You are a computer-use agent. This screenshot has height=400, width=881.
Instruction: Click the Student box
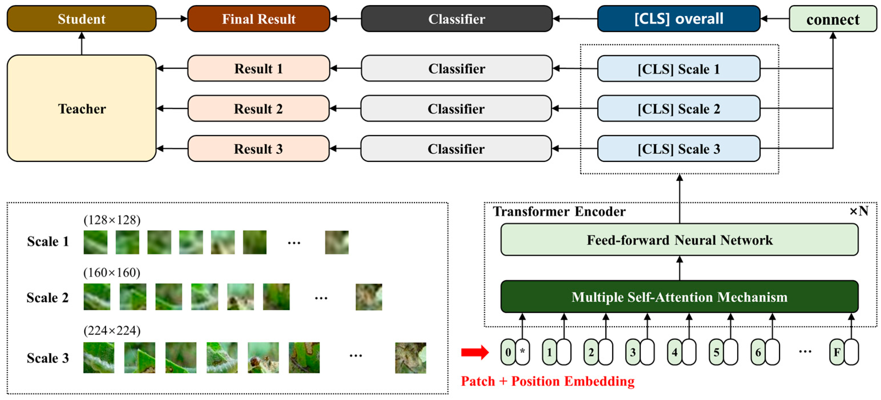click(81, 19)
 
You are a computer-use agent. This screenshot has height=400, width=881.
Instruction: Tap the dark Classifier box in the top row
click(457, 19)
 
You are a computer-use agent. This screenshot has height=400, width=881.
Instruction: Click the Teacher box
click(81, 109)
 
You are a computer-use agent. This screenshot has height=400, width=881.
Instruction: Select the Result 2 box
click(258, 109)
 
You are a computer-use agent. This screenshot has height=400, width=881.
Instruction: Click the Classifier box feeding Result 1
click(457, 68)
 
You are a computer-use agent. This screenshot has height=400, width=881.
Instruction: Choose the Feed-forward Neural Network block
click(679, 240)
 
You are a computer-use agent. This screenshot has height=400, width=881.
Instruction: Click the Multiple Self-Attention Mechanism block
click(679, 297)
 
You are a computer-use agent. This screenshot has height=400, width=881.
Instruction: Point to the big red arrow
click(475, 352)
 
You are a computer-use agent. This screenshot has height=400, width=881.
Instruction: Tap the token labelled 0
click(508, 352)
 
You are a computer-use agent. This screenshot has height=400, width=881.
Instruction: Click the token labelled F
click(837, 352)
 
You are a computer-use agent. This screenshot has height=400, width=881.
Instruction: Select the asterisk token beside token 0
click(523, 352)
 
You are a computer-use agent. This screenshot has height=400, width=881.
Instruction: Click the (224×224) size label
click(112, 331)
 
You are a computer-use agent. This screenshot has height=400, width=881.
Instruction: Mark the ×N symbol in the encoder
click(858, 211)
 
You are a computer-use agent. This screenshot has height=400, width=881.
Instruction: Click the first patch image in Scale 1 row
click(95, 242)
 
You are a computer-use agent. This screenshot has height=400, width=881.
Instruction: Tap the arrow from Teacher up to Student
click(81, 44)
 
